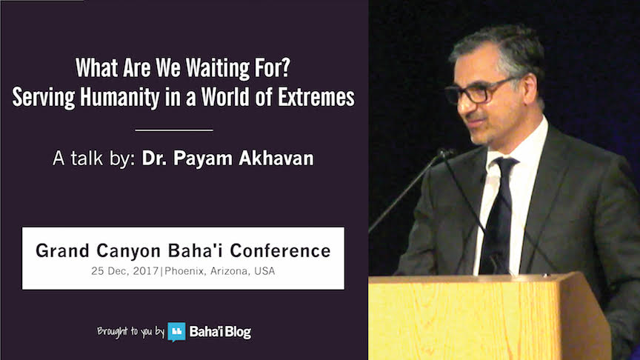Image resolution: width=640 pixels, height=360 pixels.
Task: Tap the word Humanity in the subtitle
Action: tap(120, 97)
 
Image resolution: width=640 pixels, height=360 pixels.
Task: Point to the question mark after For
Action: tap(286, 67)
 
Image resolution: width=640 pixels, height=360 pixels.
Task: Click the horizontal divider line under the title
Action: tap(174, 130)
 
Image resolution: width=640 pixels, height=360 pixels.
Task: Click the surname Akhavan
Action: tap(276, 159)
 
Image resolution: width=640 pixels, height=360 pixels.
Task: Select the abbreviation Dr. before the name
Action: tap(154, 159)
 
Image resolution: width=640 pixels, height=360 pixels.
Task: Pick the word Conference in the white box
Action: tap(281, 250)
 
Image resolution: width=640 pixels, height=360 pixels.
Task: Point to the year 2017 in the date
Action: tap(146, 271)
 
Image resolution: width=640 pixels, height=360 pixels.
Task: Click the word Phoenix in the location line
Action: tap(184, 271)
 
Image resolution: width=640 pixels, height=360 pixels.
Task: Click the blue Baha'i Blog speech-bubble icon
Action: tap(176, 331)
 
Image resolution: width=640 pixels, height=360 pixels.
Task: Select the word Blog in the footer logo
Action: tap(238, 333)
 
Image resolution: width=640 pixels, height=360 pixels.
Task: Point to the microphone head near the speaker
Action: tap(445, 154)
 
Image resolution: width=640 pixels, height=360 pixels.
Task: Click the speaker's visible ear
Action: tap(530, 89)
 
